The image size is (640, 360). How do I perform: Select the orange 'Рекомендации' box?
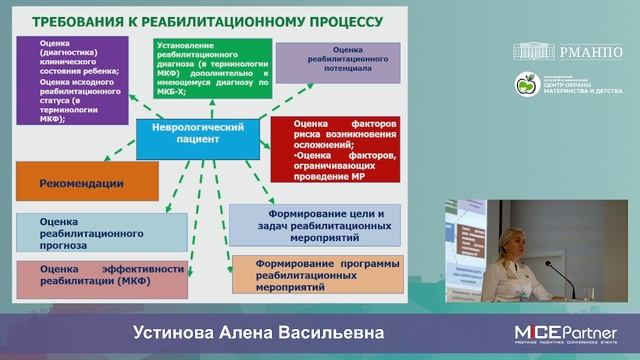87,182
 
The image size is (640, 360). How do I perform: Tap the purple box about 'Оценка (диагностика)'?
73,80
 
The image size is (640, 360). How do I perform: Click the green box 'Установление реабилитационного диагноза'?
212,67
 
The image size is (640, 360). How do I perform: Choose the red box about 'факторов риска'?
335,148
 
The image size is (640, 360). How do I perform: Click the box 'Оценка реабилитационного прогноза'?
101,232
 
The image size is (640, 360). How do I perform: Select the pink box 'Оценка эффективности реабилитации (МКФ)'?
101,278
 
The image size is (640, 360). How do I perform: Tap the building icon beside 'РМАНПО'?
534,51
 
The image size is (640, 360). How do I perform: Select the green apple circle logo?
527,85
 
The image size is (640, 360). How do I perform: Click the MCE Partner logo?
565,333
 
